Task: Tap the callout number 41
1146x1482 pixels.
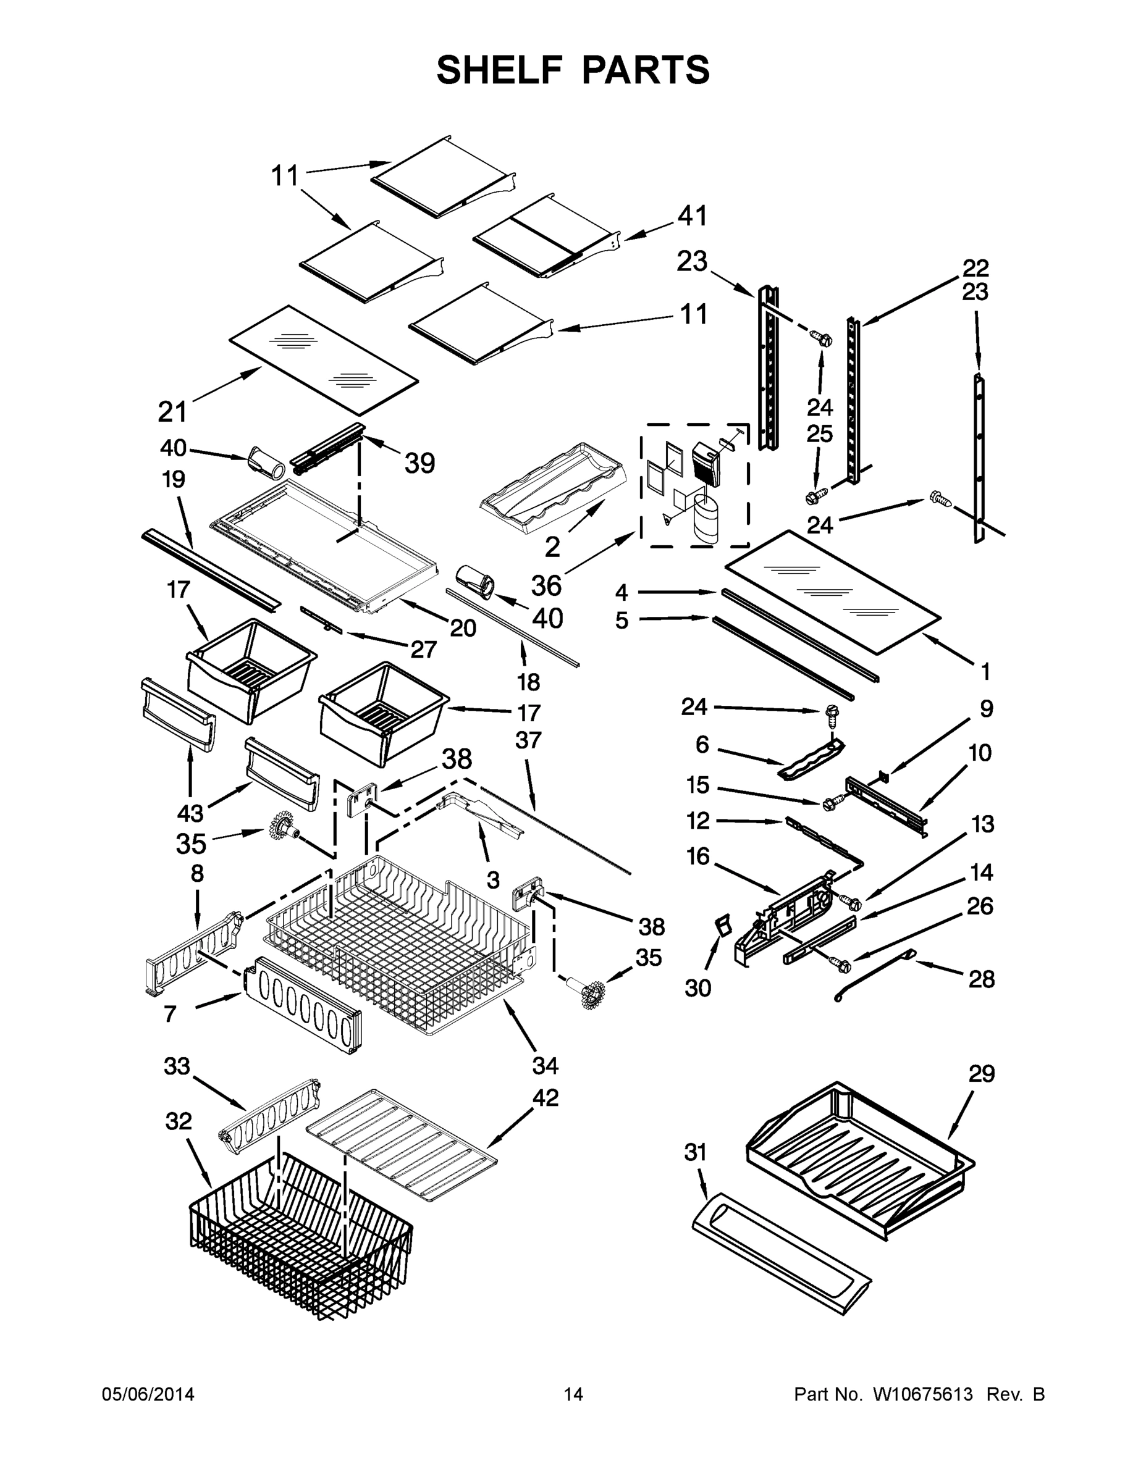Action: (x=692, y=216)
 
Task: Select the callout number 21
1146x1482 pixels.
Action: (x=172, y=411)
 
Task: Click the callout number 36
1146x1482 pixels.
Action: (x=546, y=585)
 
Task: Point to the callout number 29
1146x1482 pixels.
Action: (x=981, y=1074)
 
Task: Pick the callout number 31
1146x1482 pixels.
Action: (x=696, y=1152)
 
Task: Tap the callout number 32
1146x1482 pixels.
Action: (x=179, y=1121)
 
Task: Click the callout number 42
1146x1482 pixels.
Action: (x=545, y=1097)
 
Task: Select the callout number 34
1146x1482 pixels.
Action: (x=544, y=1065)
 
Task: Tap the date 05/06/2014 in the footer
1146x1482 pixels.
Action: (x=148, y=1394)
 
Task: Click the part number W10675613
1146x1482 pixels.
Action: (x=922, y=1394)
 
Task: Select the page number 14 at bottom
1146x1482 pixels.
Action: (x=573, y=1394)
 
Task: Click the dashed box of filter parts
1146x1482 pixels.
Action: (x=694, y=485)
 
